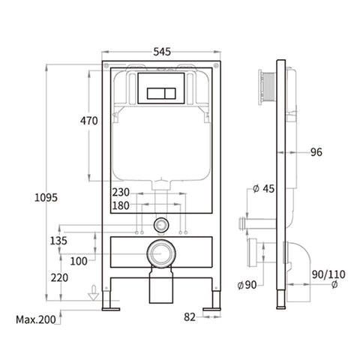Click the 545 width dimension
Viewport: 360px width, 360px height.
click(x=163, y=52)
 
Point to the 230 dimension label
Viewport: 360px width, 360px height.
click(x=121, y=193)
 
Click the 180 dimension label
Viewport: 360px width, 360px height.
click(x=121, y=205)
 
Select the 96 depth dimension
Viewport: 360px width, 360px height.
click(x=316, y=152)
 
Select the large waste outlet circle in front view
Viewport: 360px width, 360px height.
click(x=161, y=254)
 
